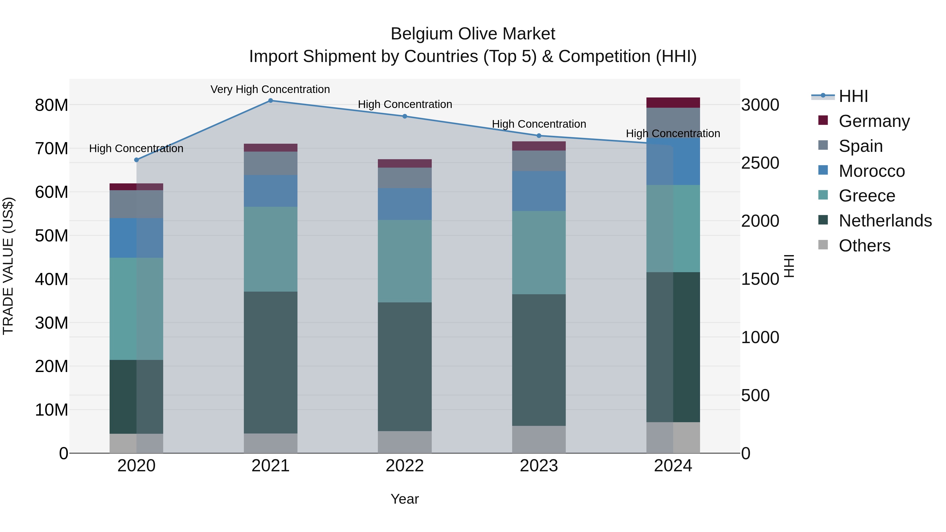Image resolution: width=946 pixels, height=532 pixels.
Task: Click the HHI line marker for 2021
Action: coord(270,100)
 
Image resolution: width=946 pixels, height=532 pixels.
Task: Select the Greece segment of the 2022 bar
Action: coord(405,261)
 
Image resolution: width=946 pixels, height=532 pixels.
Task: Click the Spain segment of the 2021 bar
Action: coord(270,163)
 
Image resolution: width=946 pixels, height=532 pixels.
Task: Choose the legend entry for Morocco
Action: coord(871,171)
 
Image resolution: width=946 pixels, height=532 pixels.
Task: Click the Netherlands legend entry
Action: coord(885,221)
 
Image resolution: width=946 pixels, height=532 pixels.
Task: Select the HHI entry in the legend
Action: coord(853,96)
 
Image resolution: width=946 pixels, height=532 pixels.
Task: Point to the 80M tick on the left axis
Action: coord(52,105)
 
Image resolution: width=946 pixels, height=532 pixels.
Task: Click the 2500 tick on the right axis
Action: coord(760,163)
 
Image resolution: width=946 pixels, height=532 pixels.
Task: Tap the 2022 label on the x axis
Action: coord(405,466)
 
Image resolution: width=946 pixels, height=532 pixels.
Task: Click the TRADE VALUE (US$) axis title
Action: coord(8,266)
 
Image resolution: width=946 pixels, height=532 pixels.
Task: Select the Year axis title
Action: coord(405,499)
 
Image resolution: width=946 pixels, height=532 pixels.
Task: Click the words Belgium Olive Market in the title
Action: coord(473,34)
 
